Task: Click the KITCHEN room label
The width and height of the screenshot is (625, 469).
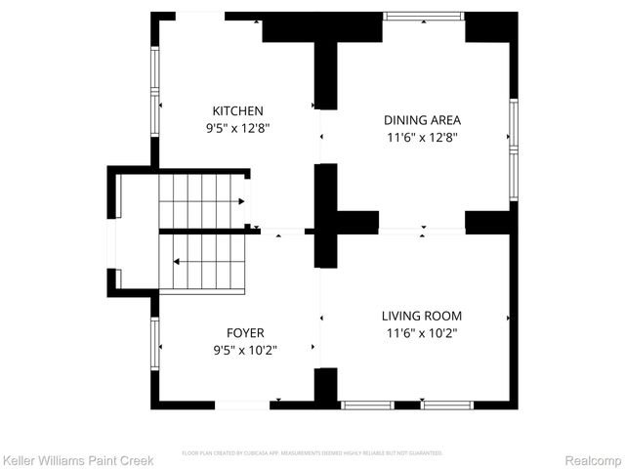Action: (237, 111)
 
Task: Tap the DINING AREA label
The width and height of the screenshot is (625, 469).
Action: (422, 120)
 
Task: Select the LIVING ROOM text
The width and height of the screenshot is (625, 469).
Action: (421, 316)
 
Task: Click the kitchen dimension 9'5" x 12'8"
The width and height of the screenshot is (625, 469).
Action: (237, 128)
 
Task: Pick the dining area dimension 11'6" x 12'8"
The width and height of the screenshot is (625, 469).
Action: (422, 138)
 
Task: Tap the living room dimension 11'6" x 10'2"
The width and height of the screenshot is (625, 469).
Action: (421, 333)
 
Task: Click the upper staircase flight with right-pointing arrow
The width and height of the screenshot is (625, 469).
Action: (200, 200)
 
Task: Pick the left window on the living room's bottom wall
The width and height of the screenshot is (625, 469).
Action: (367, 405)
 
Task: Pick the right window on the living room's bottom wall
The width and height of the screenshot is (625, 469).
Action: (446, 405)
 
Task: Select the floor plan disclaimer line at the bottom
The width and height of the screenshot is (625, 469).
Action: (312, 453)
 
